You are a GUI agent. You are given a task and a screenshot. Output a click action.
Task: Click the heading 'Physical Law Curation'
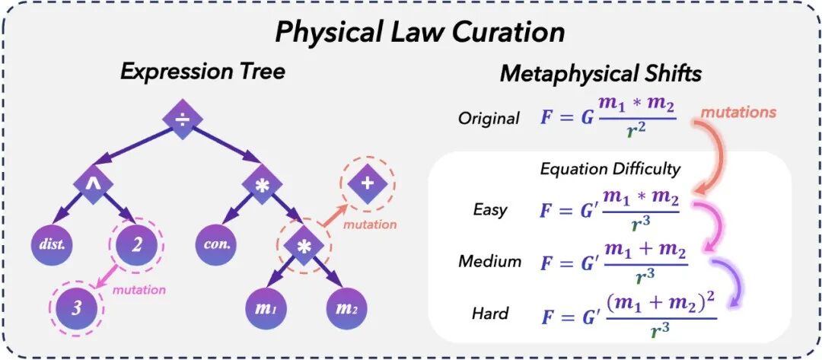click(419, 32)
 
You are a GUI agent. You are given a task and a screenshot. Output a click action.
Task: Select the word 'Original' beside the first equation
click(489, 119)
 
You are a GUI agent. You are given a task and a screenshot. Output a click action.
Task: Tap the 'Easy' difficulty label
click(489, 210)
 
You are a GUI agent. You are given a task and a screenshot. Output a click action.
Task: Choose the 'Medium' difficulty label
click(489, 261)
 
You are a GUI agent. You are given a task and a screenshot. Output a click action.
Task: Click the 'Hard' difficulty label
click(489, 313)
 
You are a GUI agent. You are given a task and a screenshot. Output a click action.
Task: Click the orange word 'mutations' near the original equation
click(738, 112)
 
